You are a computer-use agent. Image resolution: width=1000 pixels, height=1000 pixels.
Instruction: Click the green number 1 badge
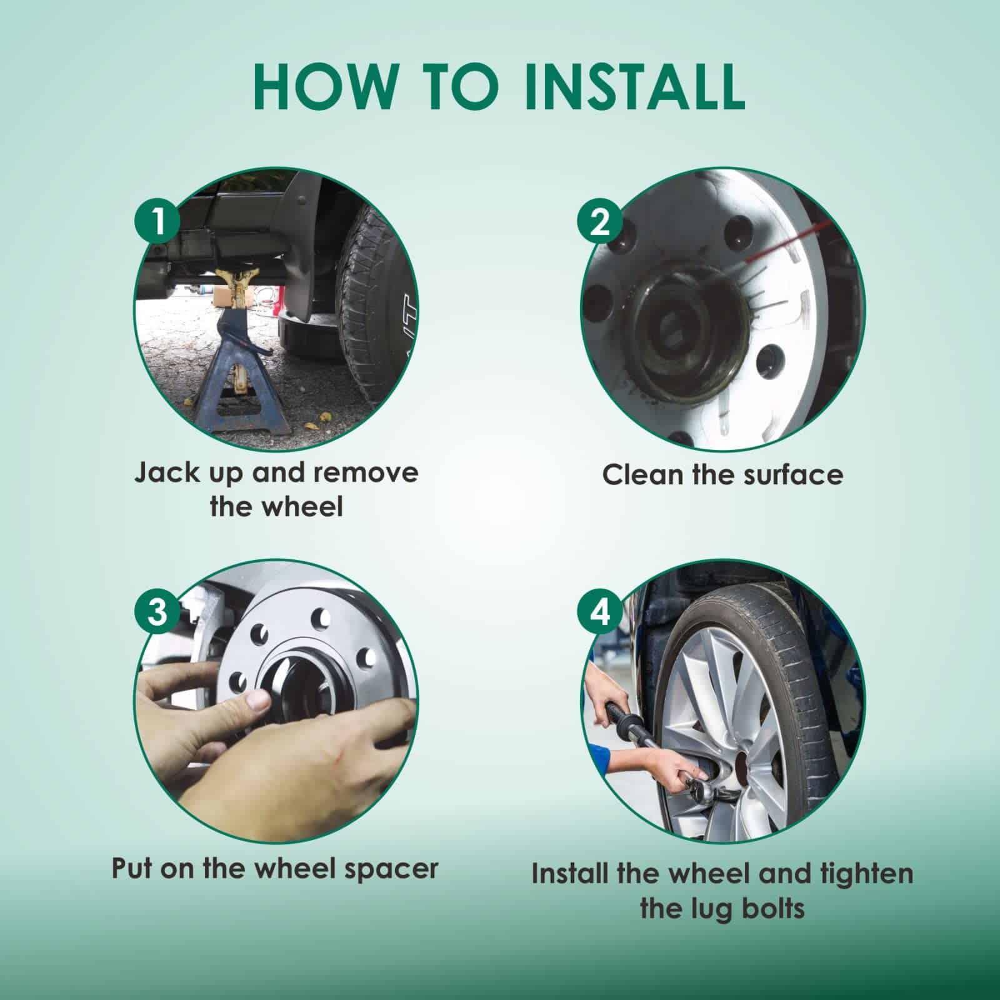pos(159,222)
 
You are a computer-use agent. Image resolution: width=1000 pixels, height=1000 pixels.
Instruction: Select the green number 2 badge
pos(600,222)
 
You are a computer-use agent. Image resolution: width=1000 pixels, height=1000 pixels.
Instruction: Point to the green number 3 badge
pos(159,612)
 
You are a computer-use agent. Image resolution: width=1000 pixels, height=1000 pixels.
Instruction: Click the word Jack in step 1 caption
pos(164,473)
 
